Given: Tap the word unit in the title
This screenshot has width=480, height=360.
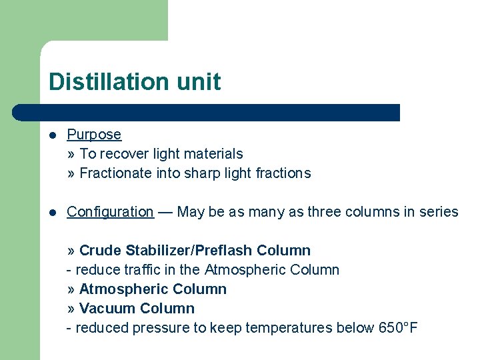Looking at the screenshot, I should (198, 82).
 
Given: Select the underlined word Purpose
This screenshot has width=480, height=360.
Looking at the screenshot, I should (94, 135).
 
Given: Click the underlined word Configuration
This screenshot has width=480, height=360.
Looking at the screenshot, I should (110, 212).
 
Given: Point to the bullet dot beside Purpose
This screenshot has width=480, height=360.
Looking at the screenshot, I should (52, 135).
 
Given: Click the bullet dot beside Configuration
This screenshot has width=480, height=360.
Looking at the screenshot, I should (52, 212).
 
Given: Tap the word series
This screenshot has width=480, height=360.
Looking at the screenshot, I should (439, 212).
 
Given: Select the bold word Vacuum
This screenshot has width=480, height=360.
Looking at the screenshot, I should (104, 309).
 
